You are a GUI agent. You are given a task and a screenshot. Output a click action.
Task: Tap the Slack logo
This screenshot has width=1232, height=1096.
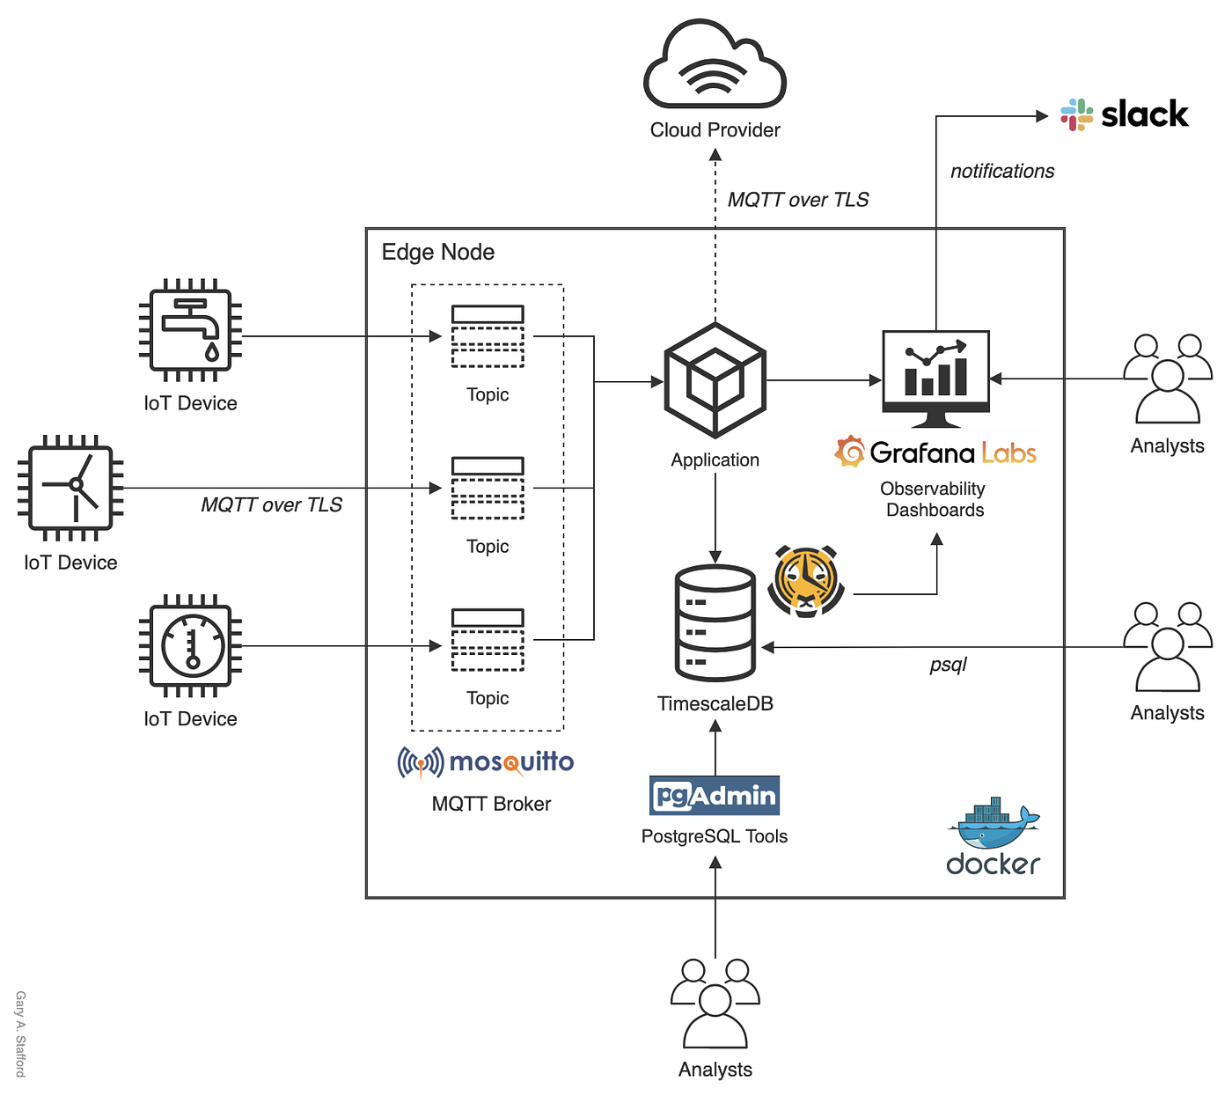point(1124,114)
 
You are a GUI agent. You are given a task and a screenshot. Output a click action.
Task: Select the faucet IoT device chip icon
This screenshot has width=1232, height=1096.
point(190,331)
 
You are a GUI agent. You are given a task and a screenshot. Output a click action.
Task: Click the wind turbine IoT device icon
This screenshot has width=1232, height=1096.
point(70,487)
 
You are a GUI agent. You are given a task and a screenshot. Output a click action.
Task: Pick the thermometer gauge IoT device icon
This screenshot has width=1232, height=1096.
point(190,646)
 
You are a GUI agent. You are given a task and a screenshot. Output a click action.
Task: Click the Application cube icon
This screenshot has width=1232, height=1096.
point(715,380)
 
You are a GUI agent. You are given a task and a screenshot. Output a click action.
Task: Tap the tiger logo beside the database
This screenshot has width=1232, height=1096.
point(805,581)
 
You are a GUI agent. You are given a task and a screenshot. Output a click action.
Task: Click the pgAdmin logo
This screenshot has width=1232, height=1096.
point(715,796)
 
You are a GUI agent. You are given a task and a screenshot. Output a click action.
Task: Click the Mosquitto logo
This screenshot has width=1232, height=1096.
point(486,762)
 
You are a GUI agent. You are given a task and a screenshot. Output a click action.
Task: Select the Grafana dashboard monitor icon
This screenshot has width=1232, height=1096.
point(935,377)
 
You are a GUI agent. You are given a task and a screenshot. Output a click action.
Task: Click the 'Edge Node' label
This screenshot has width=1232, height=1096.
point(437,253)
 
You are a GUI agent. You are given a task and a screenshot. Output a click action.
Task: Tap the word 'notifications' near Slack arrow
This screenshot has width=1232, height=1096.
point(1001,172)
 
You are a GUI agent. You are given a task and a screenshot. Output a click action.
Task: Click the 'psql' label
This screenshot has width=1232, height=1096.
point(948,665)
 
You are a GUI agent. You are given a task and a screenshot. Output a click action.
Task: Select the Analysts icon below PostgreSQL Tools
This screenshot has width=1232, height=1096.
point(715,1004)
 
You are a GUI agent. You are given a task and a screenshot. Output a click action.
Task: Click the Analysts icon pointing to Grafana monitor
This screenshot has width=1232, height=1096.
point(1167,379)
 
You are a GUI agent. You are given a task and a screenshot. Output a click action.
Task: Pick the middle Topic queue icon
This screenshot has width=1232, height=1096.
point(488,488)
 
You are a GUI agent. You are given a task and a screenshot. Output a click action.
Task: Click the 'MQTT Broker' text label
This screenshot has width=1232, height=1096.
point(491,804)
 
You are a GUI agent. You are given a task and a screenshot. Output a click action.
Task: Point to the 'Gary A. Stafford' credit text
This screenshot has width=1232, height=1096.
point(20,1033)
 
